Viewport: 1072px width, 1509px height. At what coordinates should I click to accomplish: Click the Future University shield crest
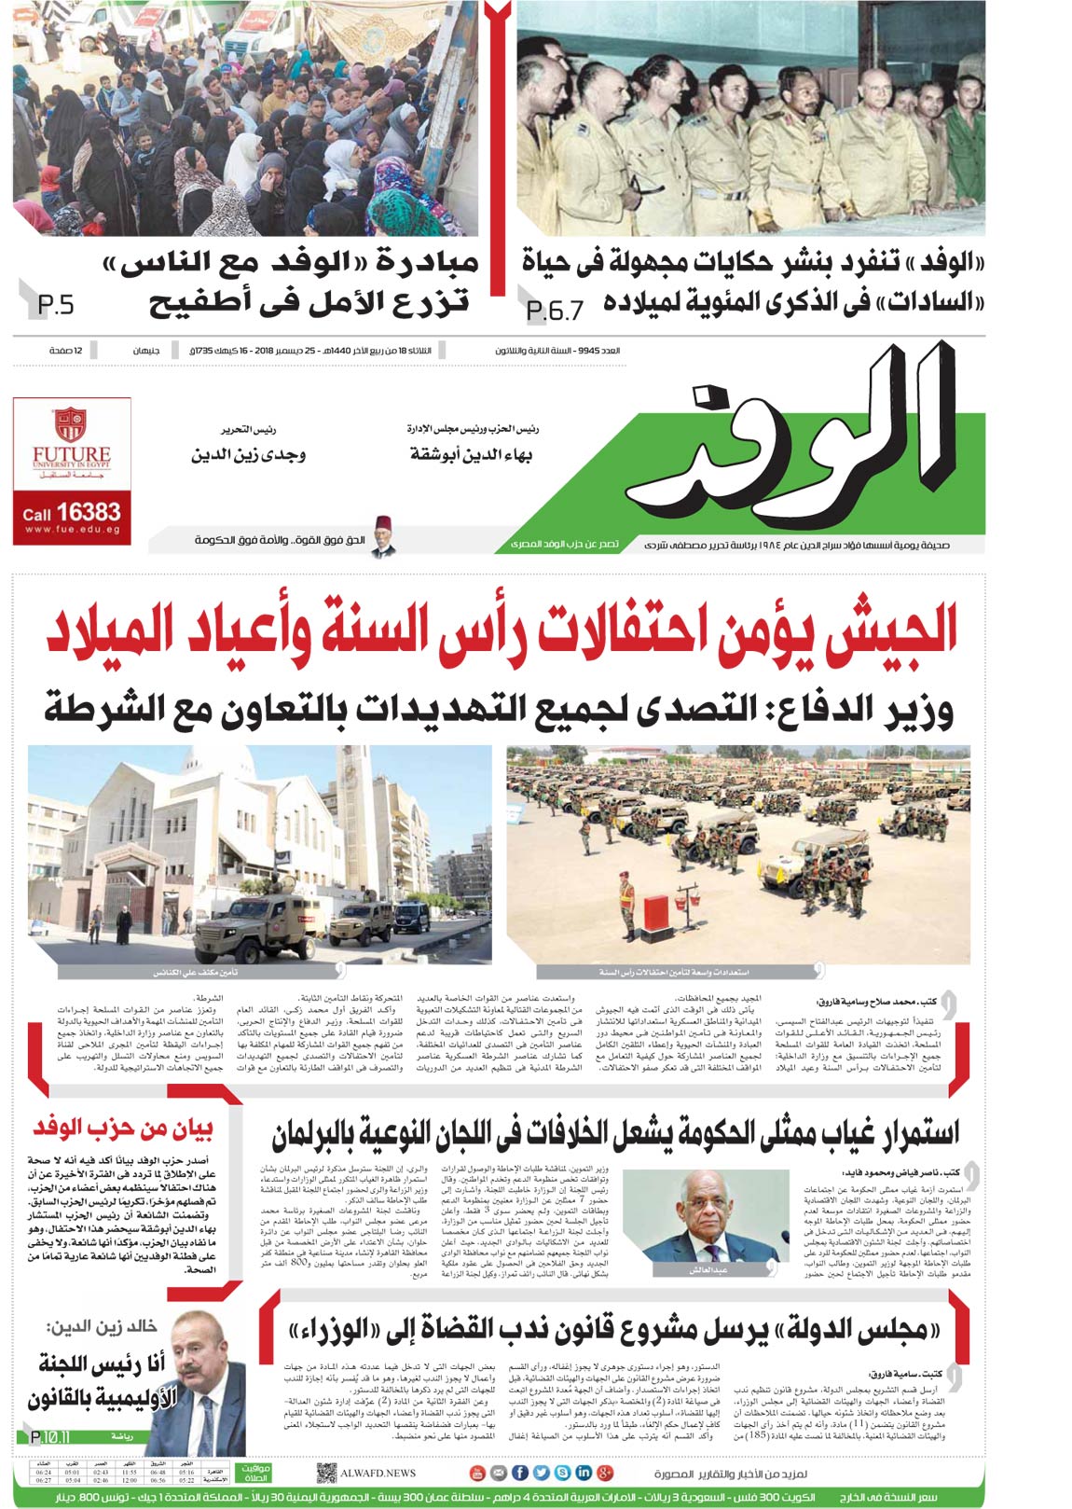[70, 424]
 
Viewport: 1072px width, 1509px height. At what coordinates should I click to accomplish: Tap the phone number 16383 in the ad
[88, 511]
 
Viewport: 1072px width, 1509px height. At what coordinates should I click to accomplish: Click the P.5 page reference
[55, 304]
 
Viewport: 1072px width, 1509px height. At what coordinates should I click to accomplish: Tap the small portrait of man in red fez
[381, 536]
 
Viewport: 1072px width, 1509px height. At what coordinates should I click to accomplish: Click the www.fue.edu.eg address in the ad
[73, 530]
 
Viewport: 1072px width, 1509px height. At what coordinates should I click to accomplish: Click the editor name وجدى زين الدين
[248, 454]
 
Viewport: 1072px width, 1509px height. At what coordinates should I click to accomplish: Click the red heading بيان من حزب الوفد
[123, 1128]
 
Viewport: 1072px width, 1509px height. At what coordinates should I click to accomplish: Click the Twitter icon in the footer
[540, 1473]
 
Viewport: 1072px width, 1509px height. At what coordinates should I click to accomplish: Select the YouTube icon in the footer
[477, 1473]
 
